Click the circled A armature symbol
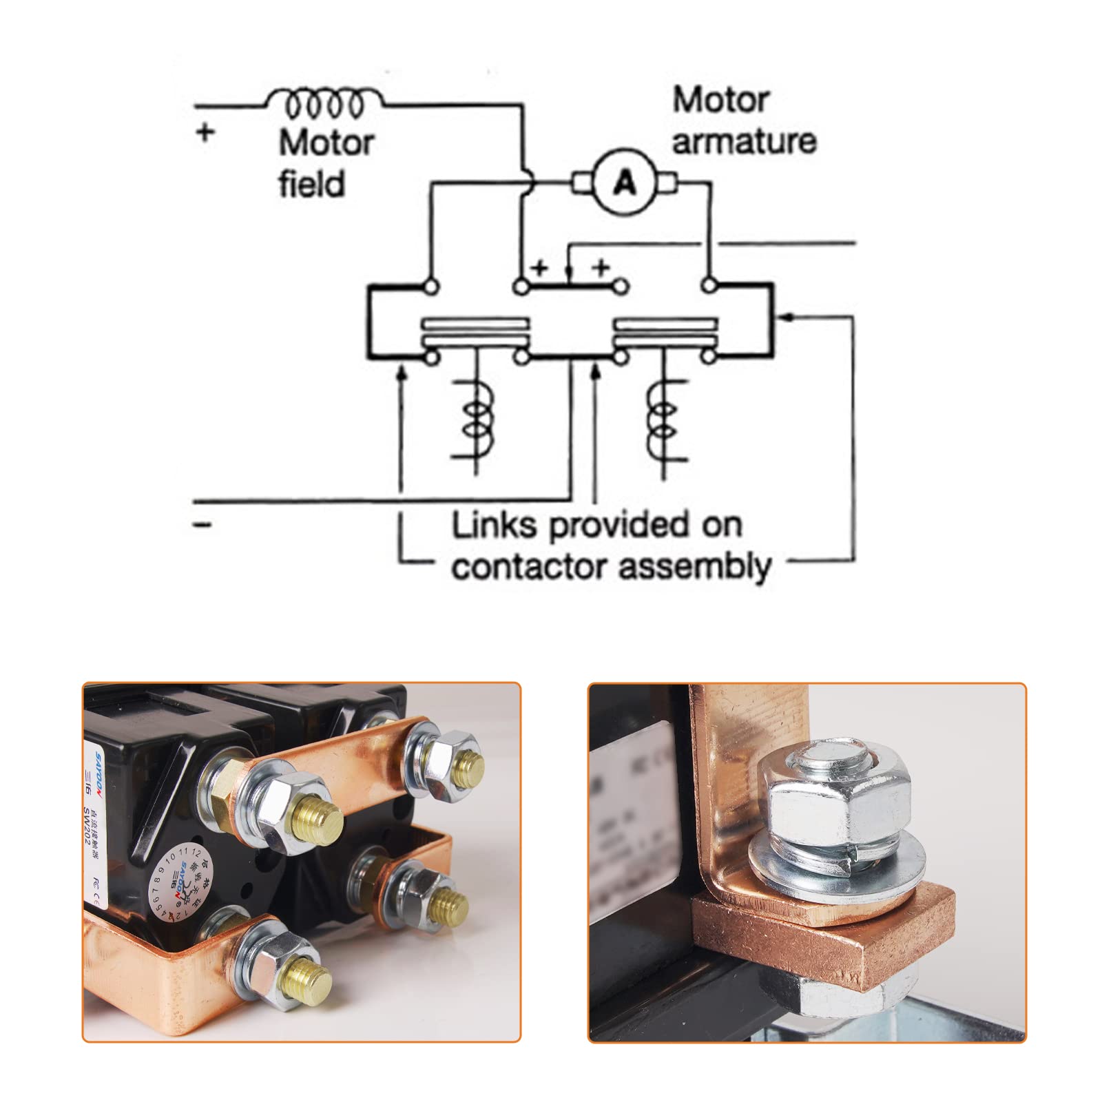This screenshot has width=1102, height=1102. (625, 183)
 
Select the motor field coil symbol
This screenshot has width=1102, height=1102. (324, 103)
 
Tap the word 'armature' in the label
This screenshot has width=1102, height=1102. (744, 141)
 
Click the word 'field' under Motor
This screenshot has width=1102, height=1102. (311, 184)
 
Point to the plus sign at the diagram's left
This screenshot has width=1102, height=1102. (204, 132)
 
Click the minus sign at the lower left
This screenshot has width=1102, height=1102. (202, 526)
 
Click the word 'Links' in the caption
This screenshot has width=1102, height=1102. (494, 526)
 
